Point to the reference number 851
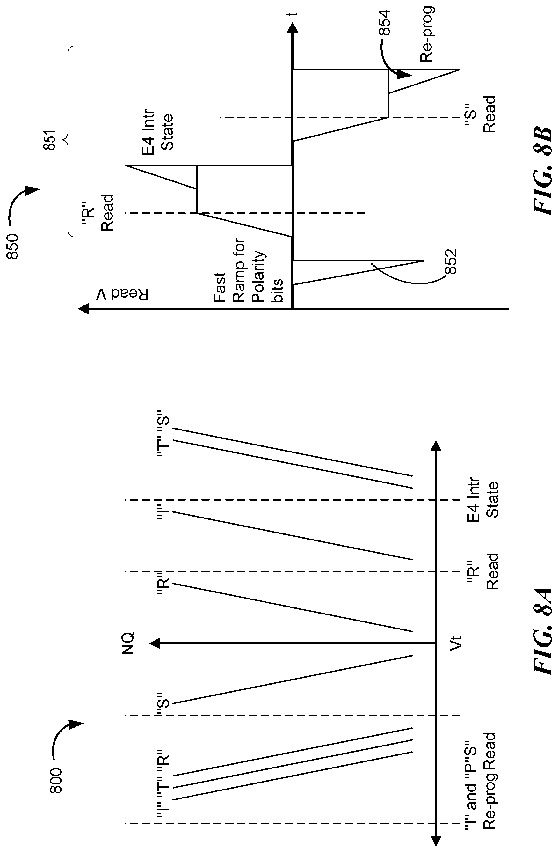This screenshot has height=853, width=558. point(50,140)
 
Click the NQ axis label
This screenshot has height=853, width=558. point(128,643)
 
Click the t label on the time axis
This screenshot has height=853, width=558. point(294,14)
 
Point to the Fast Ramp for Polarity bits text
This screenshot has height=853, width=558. point(249,271)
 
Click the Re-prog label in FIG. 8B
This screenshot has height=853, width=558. point(427,34)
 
